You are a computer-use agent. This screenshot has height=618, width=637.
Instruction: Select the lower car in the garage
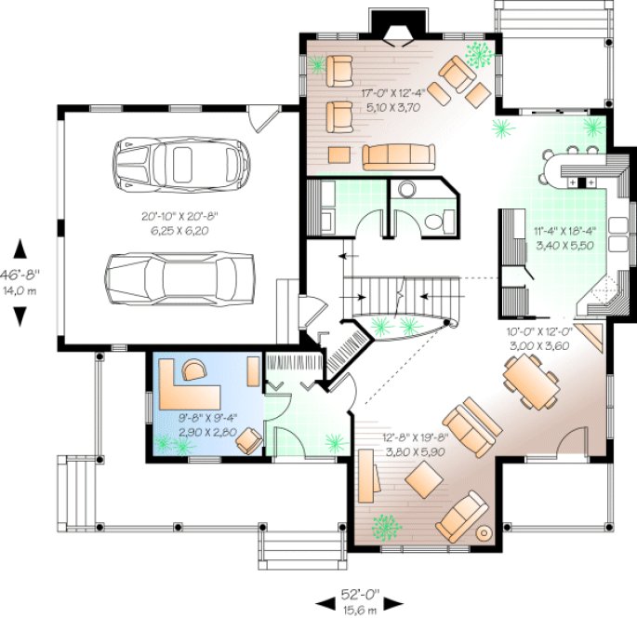pos(181,276)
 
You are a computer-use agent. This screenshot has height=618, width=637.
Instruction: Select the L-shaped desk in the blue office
pos(186,382)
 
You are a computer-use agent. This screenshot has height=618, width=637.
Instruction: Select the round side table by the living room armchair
pos(484,533)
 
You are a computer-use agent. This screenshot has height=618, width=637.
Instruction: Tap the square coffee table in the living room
pos(424,479)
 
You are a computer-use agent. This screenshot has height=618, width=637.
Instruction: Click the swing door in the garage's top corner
pos(267,119)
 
